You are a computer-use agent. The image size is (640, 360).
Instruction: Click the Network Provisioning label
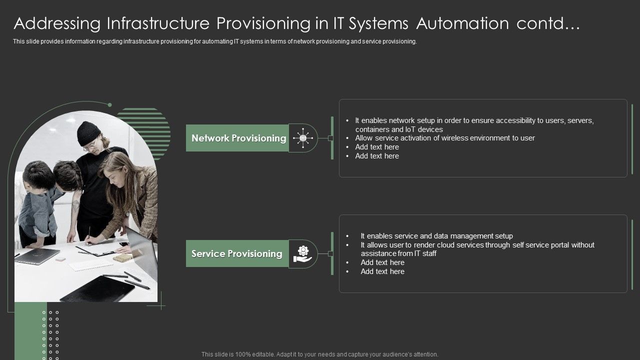(x=238, y=138)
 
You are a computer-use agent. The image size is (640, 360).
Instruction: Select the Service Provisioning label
(x=236, y=253)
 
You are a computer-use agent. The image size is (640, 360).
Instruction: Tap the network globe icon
(x=302, y=138)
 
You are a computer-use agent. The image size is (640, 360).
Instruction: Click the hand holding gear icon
(x=302, y=253)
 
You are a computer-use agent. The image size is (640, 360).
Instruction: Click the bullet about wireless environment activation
(x=444, y=138)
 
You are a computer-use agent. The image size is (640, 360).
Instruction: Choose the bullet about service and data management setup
(x=436, y=236)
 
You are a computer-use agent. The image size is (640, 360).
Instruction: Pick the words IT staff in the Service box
(x=423, y=253)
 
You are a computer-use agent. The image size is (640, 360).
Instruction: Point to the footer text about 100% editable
(x=319, y=354)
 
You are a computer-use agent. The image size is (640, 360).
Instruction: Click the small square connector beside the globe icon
(x=330, y=138)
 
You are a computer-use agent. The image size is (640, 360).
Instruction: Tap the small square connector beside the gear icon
(x=330, y=254)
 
